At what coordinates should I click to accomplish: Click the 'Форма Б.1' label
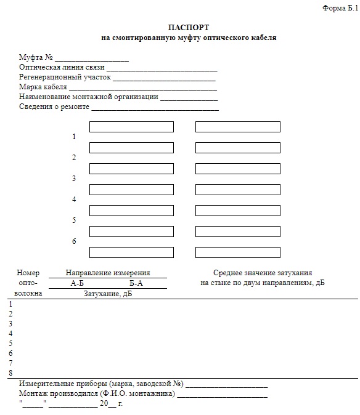click(x=340, y=8)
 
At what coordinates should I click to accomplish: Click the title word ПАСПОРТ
click(x=189, y=28)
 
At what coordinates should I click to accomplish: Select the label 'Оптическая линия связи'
click(x=62, y=67)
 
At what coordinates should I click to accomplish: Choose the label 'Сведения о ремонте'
click(x=54, y=107)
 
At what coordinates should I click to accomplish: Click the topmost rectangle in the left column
click(x=131, y=127)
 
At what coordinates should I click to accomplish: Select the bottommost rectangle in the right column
click(x=238, y=252)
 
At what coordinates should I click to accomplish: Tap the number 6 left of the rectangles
click(x=74, y=241)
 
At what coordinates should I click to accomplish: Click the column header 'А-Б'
click(x=77, y=283)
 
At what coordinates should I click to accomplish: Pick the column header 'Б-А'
click(x=136, y=283)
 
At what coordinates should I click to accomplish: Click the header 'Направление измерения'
click(x=108, y=273)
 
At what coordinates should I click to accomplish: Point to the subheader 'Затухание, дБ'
click(x=108, y=294)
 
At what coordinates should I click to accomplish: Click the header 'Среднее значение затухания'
click(x=263, y=273)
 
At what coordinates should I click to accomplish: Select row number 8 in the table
click(x=10, y=373)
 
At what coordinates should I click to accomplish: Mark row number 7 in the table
click(x=10, y=363)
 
